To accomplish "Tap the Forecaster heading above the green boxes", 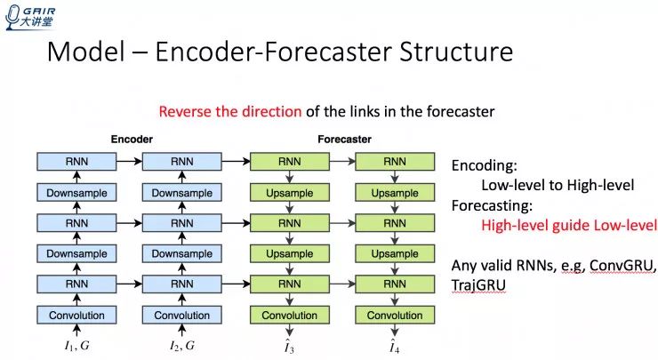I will click(344, 140).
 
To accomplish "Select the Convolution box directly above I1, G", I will click(76, 316).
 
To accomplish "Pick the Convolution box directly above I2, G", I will click(181, 316).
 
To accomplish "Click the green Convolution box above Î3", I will click(290, 316).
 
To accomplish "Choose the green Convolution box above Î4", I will click(395, 316).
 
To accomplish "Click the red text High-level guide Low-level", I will click(569, 225).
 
